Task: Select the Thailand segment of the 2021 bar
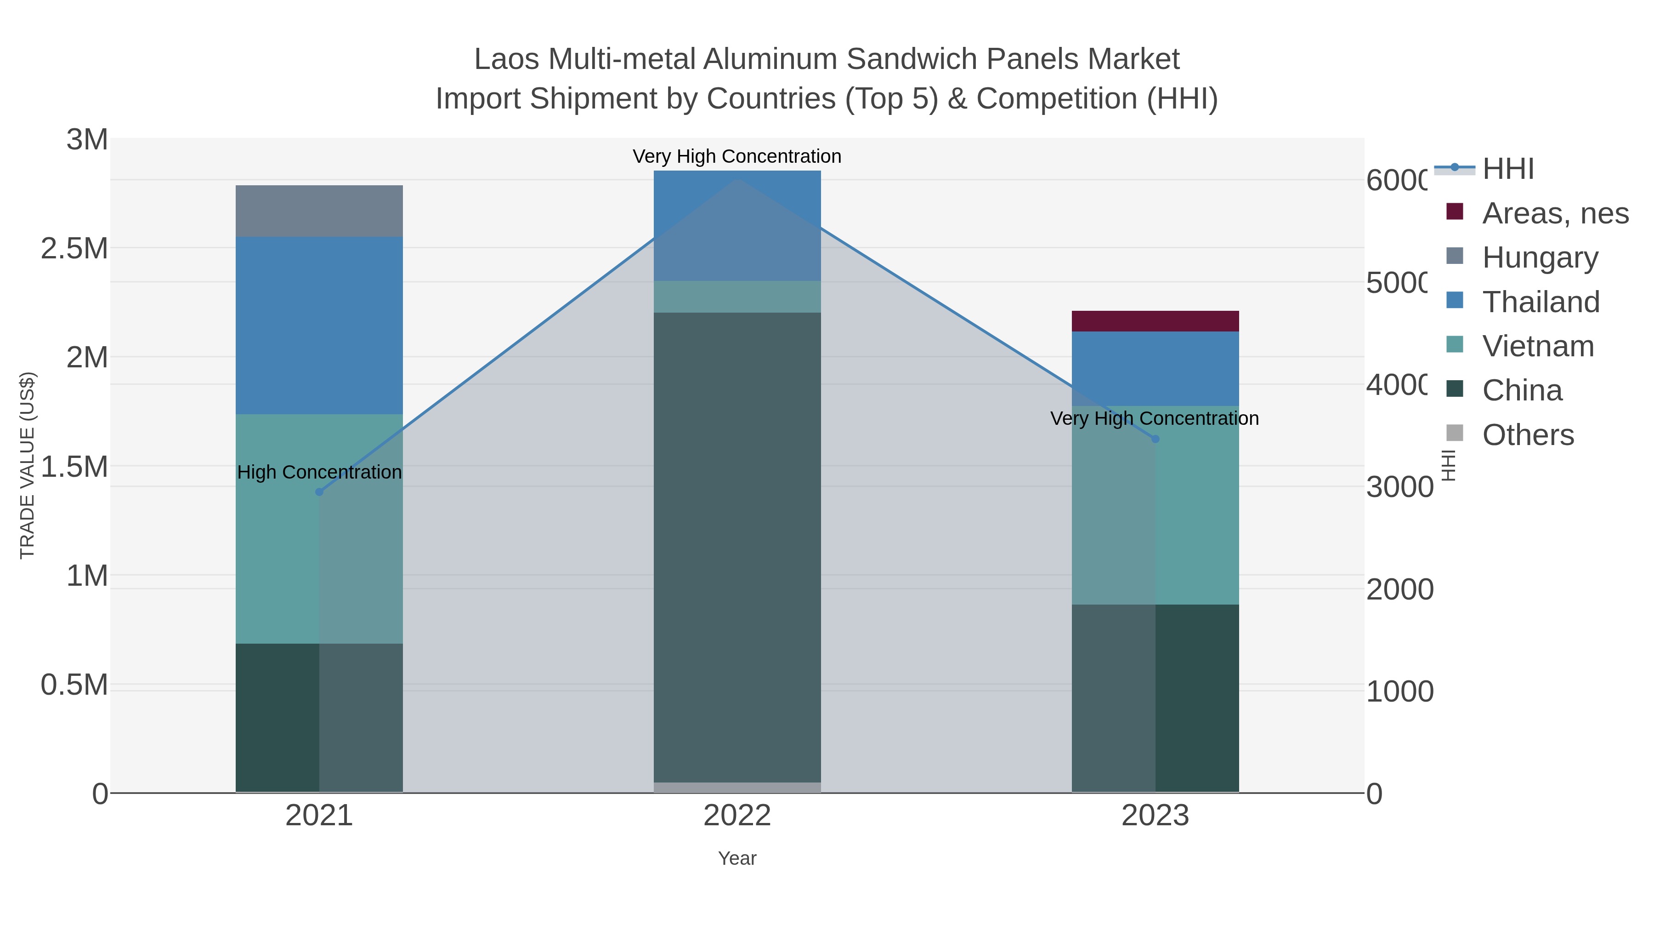(319, 325)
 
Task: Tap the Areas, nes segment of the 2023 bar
(1155, 321)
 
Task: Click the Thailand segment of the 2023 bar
(1155, 368)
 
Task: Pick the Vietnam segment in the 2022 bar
(737, 297)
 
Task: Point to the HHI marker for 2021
(319, 492)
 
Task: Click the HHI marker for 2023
(1155, 439)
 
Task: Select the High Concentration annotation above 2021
(319, 472)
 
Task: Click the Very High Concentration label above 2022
(736, 156)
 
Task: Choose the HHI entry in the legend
(1508, 169)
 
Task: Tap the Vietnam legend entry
(1538, 346)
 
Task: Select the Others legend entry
(1528, 435)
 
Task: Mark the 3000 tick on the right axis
(1399, 487)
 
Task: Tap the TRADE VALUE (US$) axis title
(27, 465)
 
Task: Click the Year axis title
(737, 858)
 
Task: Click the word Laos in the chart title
(507, 59)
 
